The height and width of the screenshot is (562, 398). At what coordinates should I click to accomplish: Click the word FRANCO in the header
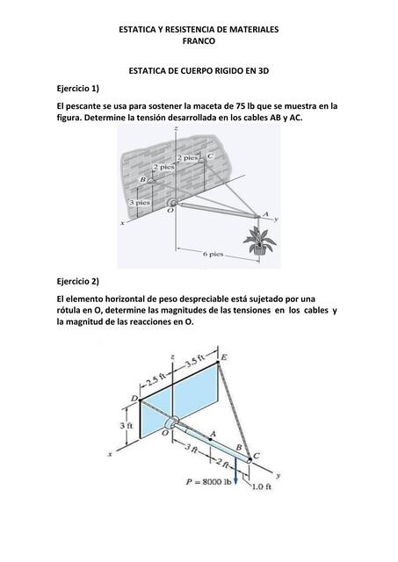[x=199, y=41]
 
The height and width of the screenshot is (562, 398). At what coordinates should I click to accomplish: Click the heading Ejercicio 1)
[x=78, y=89]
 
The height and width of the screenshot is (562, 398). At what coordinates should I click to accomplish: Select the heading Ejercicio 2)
[x=78, y=281]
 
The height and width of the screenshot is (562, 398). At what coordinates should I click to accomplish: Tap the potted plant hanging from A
[x=259, y=242]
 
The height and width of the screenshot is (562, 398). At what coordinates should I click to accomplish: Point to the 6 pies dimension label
[x=213, y=254]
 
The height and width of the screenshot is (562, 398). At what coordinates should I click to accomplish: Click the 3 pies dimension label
[x=140, y=203]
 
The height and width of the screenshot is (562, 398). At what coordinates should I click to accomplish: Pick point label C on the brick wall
[x=211, y=156]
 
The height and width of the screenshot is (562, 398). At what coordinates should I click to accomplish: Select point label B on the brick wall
[x=142, y=179]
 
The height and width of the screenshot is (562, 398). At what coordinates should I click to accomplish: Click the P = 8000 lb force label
[x=209, y=482]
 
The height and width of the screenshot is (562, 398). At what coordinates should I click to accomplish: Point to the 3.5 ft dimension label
[x=195, y=362]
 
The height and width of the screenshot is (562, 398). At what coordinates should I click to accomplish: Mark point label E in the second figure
[x=224, y=357]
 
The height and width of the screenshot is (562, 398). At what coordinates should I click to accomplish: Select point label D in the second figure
[x=134, y=399]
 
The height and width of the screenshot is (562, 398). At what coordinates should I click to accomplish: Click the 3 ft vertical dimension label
[x=127, y=425]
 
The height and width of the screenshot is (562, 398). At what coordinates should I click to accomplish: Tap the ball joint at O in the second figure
[x=171, y=423]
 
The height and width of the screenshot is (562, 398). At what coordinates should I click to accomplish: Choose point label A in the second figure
[x=213, y=434]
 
